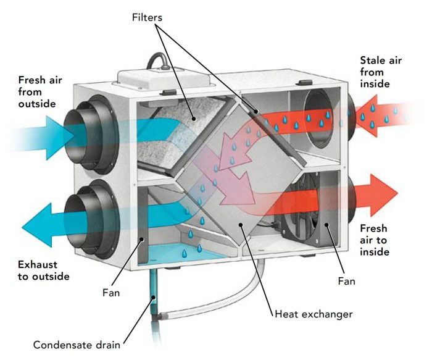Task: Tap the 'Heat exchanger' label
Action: tap(313, 314)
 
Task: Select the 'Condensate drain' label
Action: tap(77, 344)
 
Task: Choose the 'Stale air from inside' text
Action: tap(380, 72)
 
